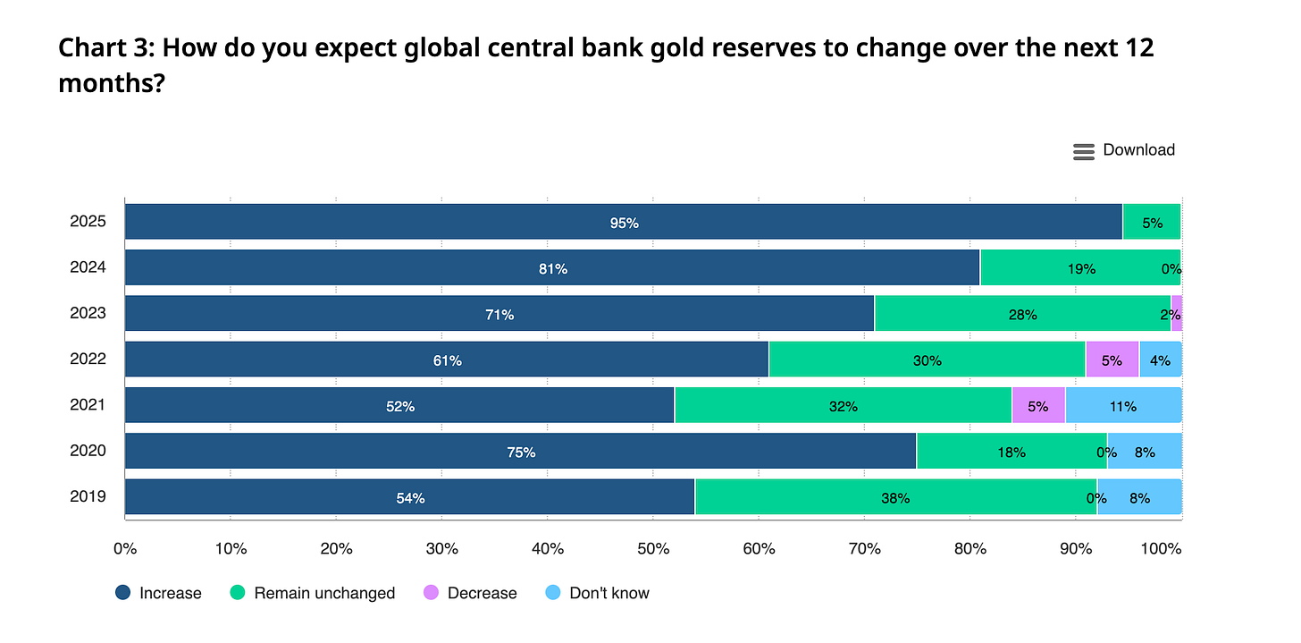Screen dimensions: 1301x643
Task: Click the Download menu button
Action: pyautogui.click(x=1123, y=150)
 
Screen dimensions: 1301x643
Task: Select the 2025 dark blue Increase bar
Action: pyautogui.click(x=624, y=222)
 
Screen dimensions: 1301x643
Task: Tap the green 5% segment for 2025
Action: pyautogui.click(x=1152, y=222)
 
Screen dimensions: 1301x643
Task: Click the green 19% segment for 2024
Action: pyautogui.click(x=1080, y=267)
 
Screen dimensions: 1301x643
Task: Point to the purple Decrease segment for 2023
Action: pyautogui.click(x=1177, y=313)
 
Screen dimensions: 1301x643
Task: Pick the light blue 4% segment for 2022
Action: pyautogui.click(x=1161, y=360)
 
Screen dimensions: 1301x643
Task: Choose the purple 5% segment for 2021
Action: pyautogui.click(x=1038, y=405)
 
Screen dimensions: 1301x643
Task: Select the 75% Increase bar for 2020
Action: pyautogui.click(x=521, y=451)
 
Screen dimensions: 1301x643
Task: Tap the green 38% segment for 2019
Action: pyautogui.click(x=895, y=497)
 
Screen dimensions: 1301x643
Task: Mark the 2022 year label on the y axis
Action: pyautogui.click(x=88, y=359)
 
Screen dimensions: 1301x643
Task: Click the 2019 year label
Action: pyautogui.click(x=88, y=496)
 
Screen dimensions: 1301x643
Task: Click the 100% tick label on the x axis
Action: pyautogui.click(x=1161, y=549)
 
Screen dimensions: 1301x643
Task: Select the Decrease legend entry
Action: pyautogui.click(x=470, y=593)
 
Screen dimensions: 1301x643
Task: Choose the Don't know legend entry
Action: pyautogui.click(x=598, y=593)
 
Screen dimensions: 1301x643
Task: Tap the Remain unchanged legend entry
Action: pyautogui.click(x=313, y=593)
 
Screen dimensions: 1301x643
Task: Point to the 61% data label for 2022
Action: pyautogui.click(x=447, y=360)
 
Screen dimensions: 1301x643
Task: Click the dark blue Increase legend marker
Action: pyautogui.click(x=122, y=592)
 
